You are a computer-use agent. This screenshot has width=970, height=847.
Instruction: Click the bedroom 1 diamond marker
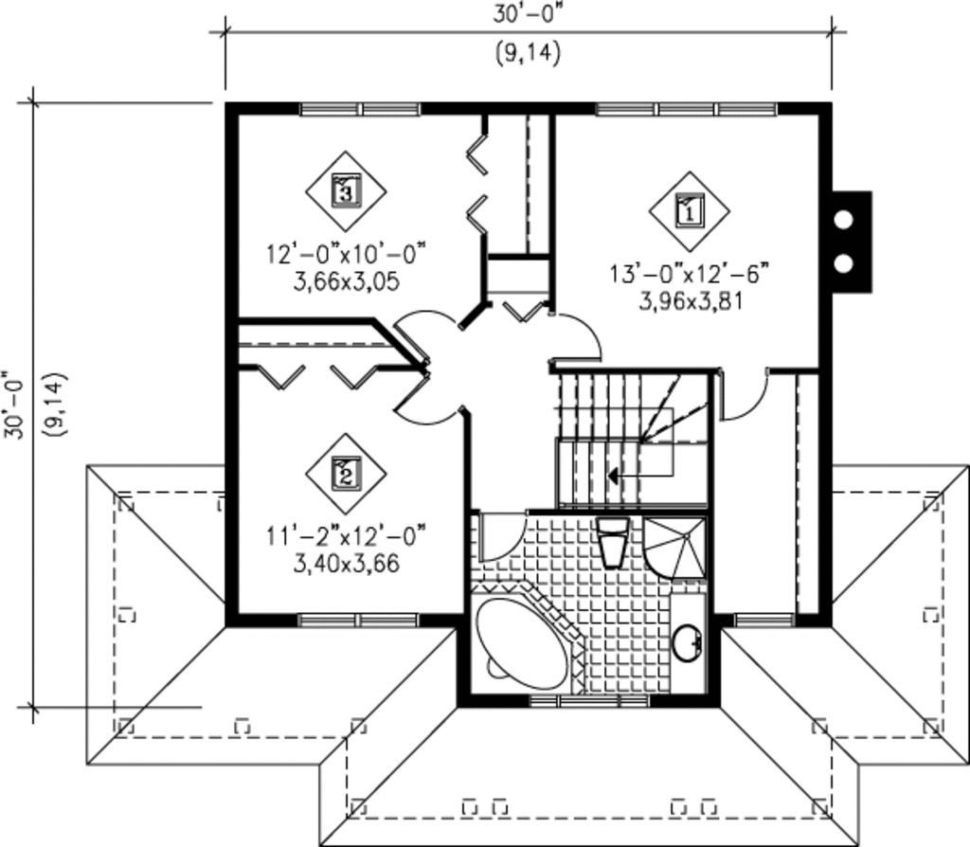pyautogui.click(x=690, y=210)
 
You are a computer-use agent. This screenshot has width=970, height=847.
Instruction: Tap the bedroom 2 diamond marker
pyautogui.click(x=346, y=474)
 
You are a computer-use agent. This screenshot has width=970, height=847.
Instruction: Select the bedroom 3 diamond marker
pyautogui.click(x=346, y=190)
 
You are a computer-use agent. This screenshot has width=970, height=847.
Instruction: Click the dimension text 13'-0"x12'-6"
pyautogui.click(x=690, y=274)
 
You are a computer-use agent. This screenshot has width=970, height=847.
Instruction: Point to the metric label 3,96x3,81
pyautogui.click(x=690, y=302)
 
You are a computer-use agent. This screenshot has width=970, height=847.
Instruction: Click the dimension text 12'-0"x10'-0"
pyautogui.click(x=347, y=254)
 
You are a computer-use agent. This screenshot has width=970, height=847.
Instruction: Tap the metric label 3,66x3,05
pyautogui.click(x=347, y=282)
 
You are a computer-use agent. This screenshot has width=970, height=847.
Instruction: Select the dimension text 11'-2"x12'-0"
pyautogui.click(x=347, y=536)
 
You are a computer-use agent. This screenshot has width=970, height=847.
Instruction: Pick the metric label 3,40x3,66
pyautogui.click(x=347, y=564)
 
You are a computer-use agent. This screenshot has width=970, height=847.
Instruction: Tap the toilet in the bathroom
pyautogui.click(x=613, y=543)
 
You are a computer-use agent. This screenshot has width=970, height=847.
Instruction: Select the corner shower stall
pyautogui.click(x=674, y=548)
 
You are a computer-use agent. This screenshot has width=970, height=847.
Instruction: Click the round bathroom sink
pyautogui.click(x=688, y=642)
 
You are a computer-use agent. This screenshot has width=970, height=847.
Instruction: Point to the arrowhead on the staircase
pyautogui.click(x=613, y=477)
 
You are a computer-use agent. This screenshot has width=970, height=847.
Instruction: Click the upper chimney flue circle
pyautogui.click(x=843, y=220)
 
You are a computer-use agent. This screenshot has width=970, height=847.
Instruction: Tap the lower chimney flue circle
pyautogui.click(x=843, y=263)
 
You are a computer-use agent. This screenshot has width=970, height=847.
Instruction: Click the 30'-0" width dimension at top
pyautogui.click(x=528, y=13)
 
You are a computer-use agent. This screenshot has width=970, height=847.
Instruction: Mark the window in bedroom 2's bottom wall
pyautogui.click(x=358, y=620)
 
